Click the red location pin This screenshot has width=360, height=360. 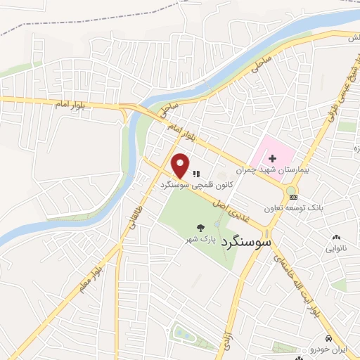tap(181, 165)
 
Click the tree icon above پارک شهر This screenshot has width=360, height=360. tap(201, 226)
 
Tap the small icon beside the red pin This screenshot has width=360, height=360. tap(196, 173)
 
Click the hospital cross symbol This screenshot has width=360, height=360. tap(273, 152)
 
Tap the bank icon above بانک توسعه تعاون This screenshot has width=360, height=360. tap(293, 197)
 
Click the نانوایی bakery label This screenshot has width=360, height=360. tap(335, 248)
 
